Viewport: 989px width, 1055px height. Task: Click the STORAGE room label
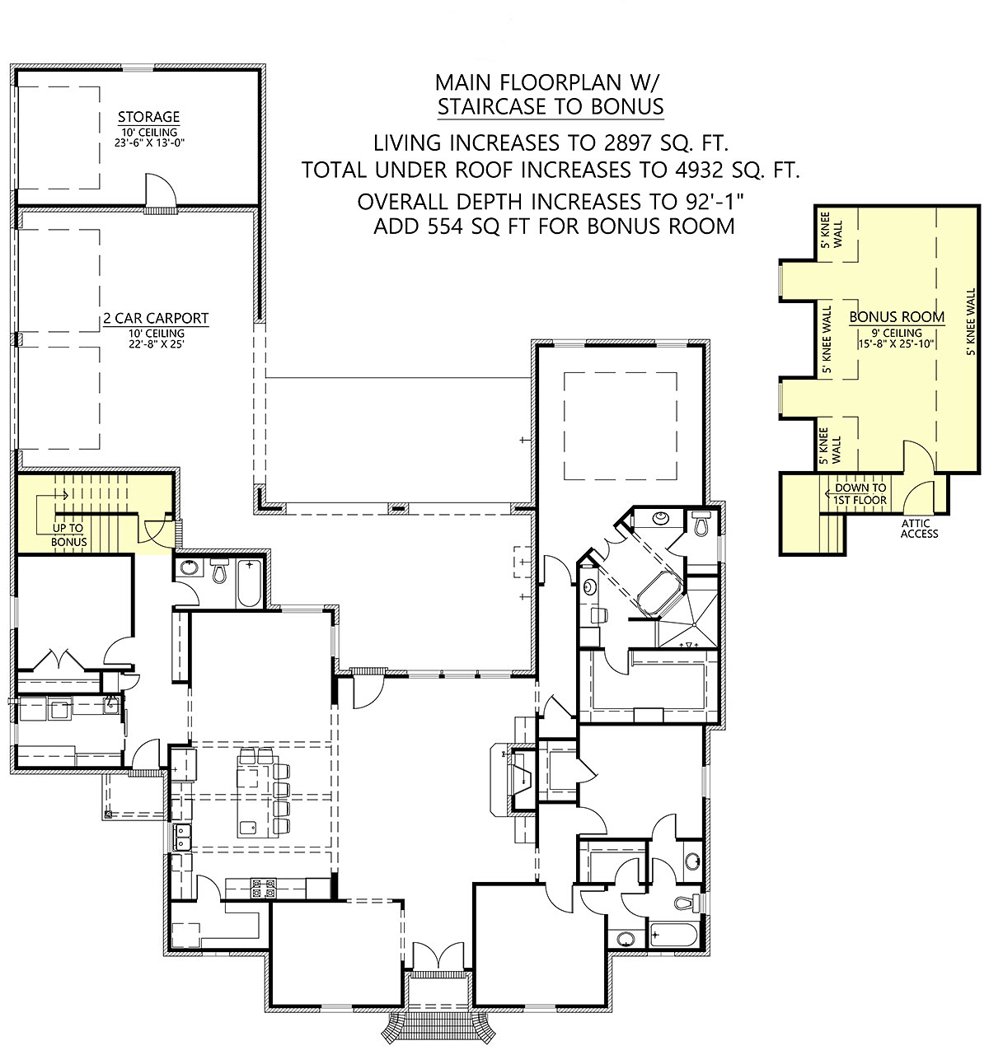148,116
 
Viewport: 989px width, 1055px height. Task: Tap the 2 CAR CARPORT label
156,318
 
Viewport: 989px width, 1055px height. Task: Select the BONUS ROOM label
897,316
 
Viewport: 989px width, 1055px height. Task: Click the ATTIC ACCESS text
919,529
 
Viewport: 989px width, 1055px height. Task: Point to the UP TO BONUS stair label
68,535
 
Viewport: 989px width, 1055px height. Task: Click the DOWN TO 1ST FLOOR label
860,493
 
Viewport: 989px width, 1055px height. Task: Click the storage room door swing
160,189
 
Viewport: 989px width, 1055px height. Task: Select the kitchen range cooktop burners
265,888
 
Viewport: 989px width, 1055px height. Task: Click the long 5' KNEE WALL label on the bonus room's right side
971,322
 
